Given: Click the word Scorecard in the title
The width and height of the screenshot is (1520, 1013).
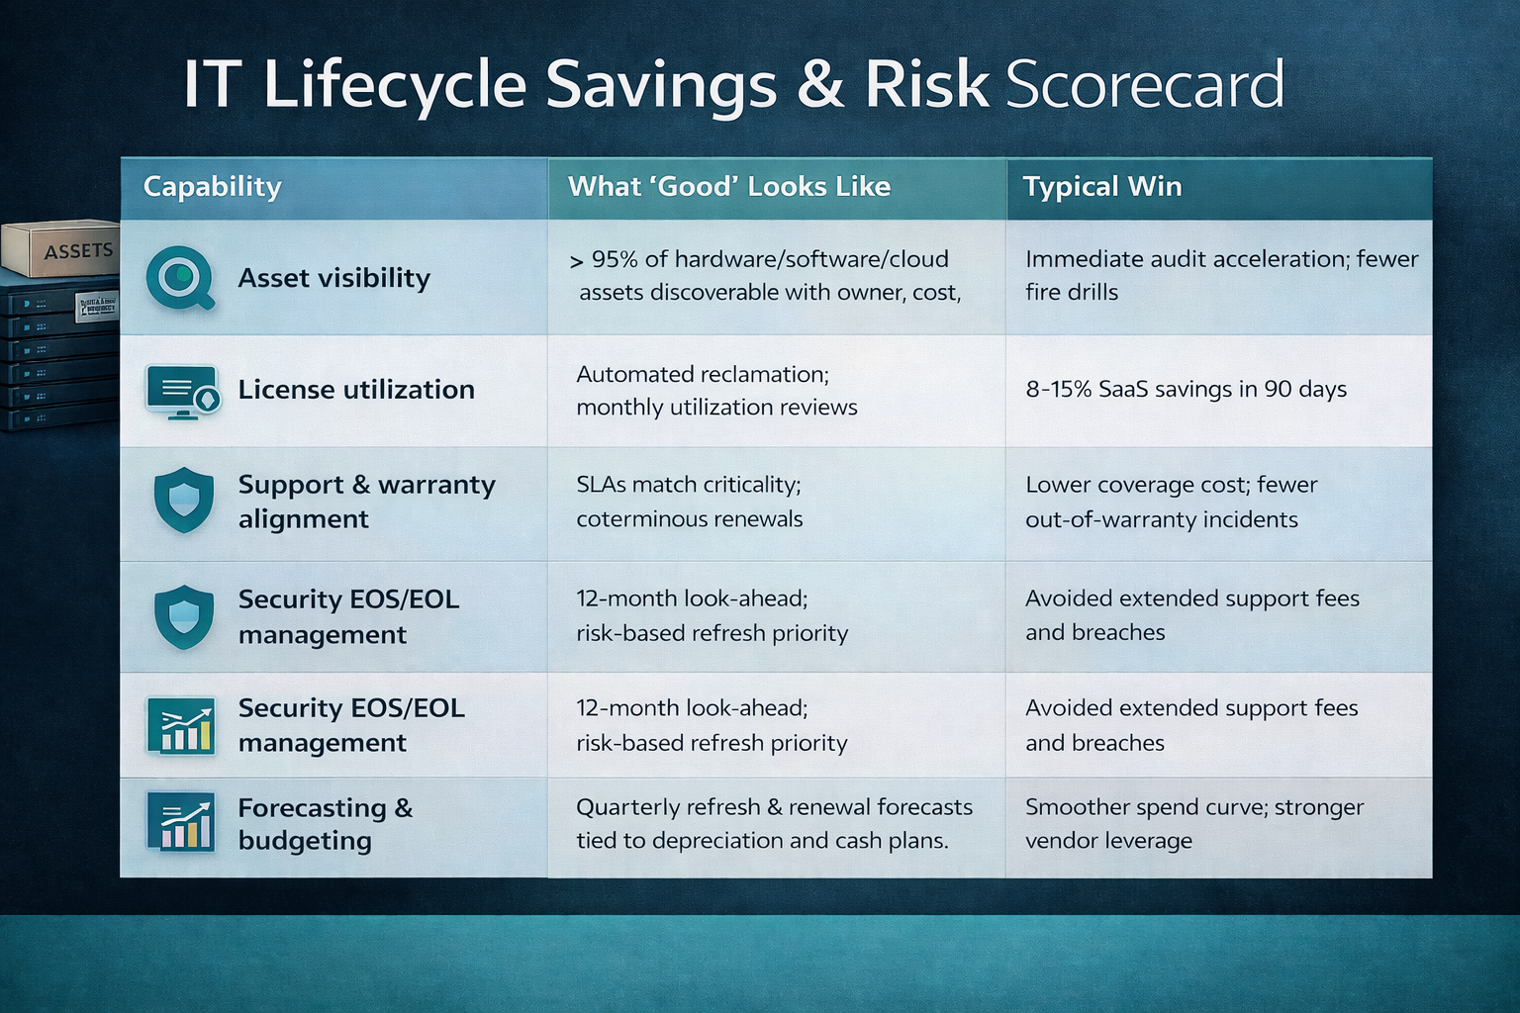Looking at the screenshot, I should (x=1144, y=85).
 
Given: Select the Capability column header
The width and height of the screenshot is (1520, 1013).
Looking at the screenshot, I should (x=212, y=187).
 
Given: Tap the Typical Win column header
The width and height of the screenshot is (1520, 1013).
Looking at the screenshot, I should (x=1101, y=187).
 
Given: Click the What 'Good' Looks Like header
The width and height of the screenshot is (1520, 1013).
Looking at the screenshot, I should (x=728, y=187).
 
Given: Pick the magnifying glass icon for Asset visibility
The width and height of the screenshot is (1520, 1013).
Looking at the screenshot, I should (x=180, y=278).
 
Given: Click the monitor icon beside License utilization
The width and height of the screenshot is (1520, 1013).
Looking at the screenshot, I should (x=182, y=391).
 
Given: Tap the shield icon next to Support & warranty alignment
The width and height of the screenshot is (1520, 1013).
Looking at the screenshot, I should (x=184, y=501).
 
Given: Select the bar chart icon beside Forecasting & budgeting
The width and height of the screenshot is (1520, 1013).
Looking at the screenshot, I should (x=181, y=822).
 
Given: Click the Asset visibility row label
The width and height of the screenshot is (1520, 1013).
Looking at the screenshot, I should (x=333, y=278).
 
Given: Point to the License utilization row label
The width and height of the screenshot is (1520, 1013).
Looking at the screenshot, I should (x=356, y=390).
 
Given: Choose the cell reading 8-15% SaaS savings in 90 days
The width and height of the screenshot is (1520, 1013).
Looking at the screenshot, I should (x=1186, y=390).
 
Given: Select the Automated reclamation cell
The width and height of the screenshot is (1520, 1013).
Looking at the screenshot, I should (x=716, y=391).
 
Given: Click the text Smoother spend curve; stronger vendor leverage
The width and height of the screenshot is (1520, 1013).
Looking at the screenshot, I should (x=1193, y=824).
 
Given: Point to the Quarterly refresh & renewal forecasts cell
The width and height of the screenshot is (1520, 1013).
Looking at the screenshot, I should (x=773, y=824).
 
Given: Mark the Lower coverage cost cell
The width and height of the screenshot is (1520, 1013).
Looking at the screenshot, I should (x=1171, y=503).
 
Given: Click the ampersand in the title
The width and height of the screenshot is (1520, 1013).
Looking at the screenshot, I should (x=820, y=85).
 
